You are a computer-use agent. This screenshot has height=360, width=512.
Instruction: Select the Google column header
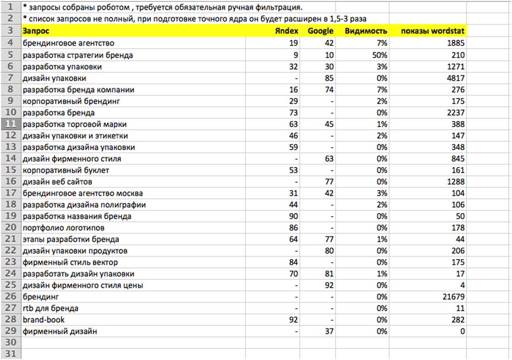320,31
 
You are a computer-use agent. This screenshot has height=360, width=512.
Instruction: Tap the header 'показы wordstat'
433,31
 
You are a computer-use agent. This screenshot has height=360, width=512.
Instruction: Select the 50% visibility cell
379,55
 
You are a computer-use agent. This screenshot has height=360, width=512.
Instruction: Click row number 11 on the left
10,124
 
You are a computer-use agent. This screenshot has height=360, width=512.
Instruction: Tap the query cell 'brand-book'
44,320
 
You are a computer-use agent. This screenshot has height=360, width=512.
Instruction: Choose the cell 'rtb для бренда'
50,308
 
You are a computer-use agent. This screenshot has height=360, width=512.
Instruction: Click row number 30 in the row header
10,343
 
